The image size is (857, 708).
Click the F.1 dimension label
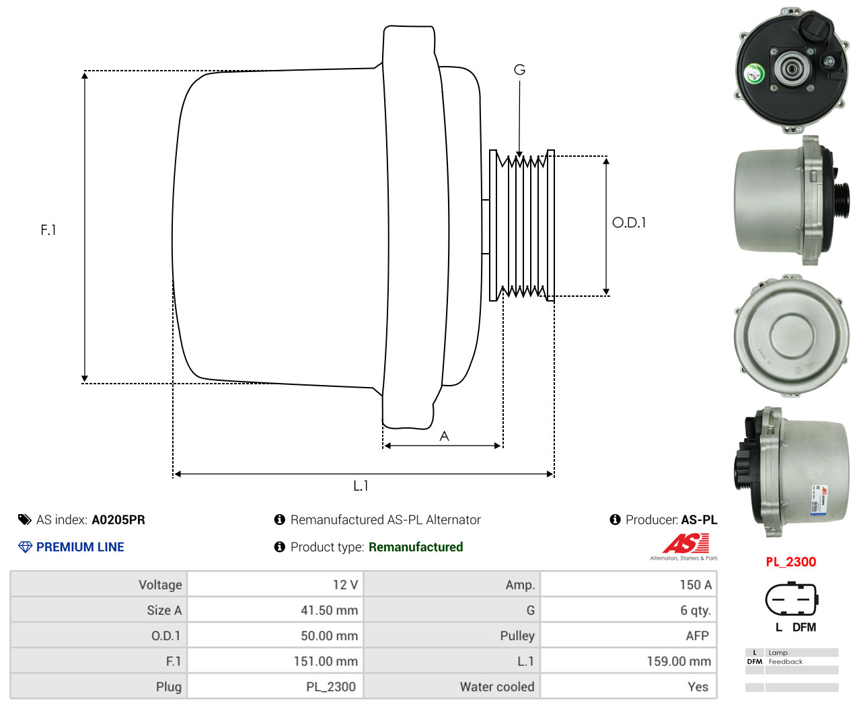pyautogui.click(x=48, y=230)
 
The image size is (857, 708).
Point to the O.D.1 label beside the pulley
pyautogui.click(x=629, y=223)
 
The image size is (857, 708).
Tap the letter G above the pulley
pyautogui.click(x=519, y=70)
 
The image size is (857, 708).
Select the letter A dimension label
pyautogui.click(x=444, y=436)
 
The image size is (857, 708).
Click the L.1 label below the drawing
pyautogui.click(x=361, y=485)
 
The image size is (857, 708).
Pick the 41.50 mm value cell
pyautogui.click(x=329, y=610)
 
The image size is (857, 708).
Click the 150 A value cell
pyautogui.click(x=695, y=585)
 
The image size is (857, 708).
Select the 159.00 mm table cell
pyautogui.click(x=678, y=662)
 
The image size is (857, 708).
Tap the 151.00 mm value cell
pyautogui.click(x=326, y=662)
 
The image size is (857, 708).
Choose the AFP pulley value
pyautogui.click(x=697, y=636)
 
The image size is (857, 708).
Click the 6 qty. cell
pyautogui.click(x=695, y=610)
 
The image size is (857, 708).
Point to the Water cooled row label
pyautogui.click(x=496, y=687)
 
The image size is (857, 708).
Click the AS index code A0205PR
pyautogui.click(x=118, y=520)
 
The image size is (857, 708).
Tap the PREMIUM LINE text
pyautogui.click(x=80, y=547)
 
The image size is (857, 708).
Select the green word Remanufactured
pyautogui.click(x=416, y=547)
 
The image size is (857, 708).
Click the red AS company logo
pyautogui.click(x=685, y=543)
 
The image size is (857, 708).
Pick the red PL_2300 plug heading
pyautogui.click(x=790, y=562)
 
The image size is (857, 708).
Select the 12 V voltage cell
pyautogui.click(x=345, y=585)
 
